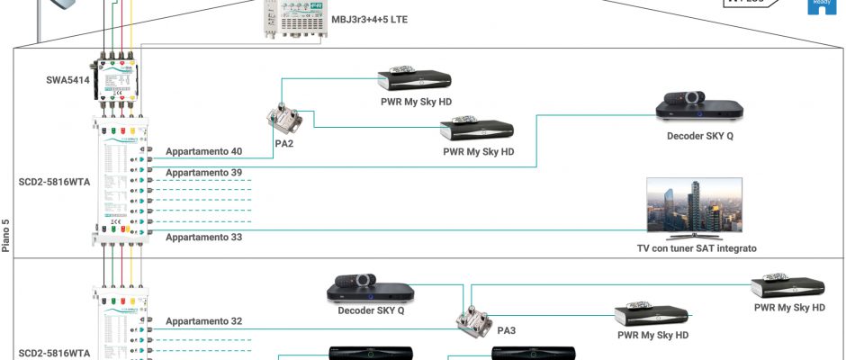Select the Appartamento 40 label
[203, 151]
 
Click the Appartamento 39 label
[203, 171]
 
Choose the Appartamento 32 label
[203, 320]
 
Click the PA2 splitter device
[285, 119]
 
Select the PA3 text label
[506, 330]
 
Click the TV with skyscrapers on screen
[694, 207]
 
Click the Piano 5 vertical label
[5, 235]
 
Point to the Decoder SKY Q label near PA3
[371, 311]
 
